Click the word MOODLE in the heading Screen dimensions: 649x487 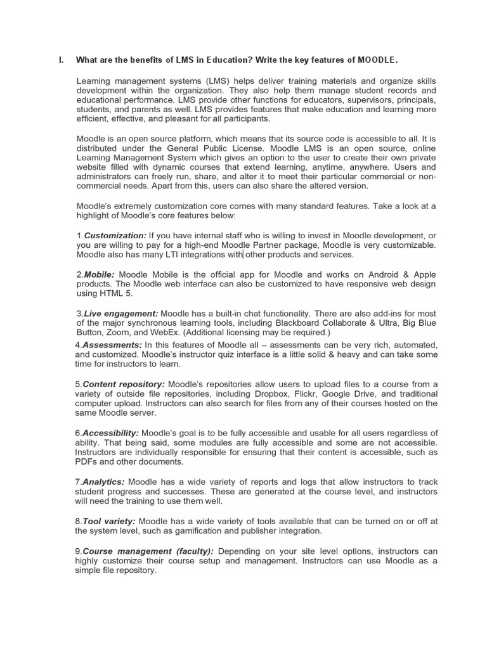[x=377, y=60]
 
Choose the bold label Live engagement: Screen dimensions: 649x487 [x=121, y=314]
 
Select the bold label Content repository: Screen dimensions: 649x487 [x=124, y=383]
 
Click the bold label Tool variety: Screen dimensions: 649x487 [x=109, y=521]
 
